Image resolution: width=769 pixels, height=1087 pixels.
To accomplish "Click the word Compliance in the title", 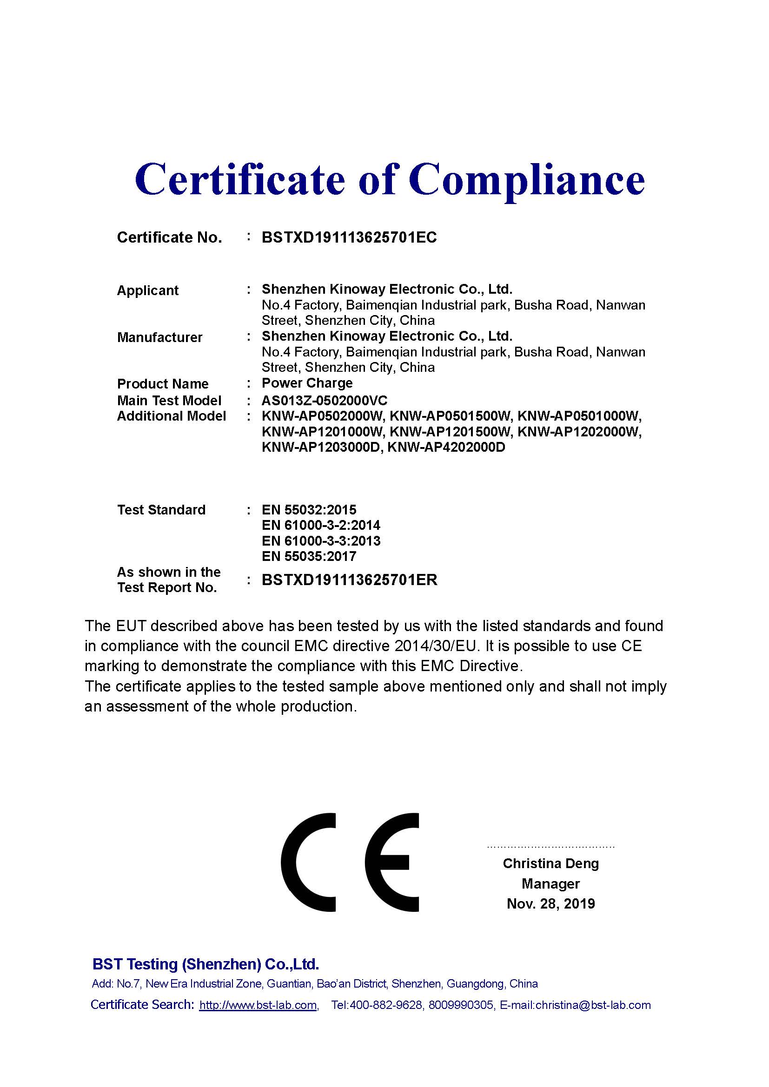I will point(527,180).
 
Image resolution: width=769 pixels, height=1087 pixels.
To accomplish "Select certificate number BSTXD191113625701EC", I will point(349,237).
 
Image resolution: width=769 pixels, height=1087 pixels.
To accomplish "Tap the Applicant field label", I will point(147,290).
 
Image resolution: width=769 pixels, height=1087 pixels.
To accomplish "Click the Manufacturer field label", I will point(159,337).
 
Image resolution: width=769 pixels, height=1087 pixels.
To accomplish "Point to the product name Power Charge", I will point(307,383).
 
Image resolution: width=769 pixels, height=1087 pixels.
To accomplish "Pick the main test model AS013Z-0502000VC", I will point(325,401).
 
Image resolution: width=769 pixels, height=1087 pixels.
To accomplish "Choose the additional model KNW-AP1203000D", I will point(322,448).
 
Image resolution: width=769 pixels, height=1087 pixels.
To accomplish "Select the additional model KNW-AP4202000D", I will point(446,448).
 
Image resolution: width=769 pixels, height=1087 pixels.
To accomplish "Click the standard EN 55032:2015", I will point(309,510).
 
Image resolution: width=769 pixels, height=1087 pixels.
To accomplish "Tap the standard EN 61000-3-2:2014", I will point(321,526).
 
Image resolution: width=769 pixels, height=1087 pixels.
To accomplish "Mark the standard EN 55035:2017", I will point(309,556).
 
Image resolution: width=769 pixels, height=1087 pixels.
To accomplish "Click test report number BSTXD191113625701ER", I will point(349,580).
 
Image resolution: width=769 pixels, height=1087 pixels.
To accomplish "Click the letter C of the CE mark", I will point(310,863).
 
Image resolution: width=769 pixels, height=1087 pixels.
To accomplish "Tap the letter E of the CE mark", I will point(392,863).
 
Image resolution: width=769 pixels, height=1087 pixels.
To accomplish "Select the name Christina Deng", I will point(550,863).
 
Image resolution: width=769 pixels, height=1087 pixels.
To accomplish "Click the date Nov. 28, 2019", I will point(550,904).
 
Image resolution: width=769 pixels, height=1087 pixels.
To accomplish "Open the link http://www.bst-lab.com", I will point(258,1005).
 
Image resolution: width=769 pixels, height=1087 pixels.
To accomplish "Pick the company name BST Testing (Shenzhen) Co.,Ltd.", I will point(206,964).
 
